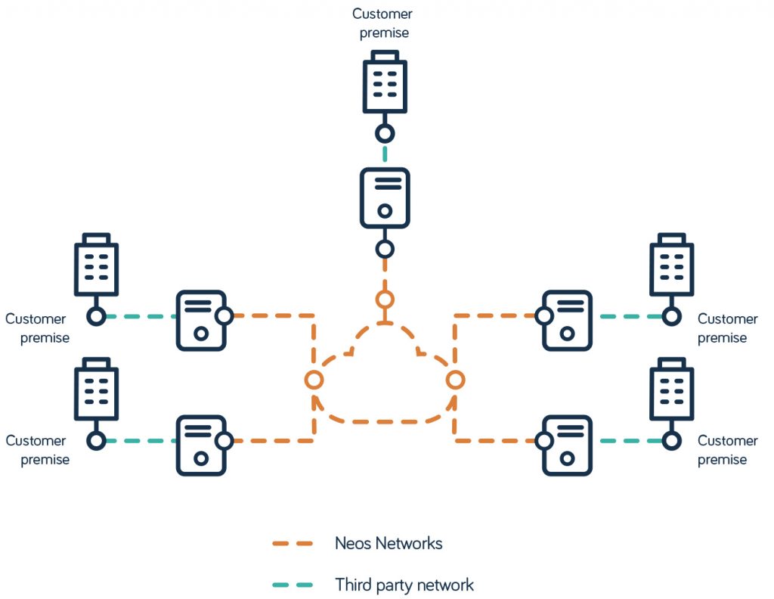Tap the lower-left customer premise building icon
[96, 390]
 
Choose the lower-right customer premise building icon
[671, 390]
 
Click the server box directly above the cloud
[385, 197]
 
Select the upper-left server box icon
[201, 320]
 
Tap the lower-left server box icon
[201, 445]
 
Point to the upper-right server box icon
[567, 320]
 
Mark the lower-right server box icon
[567, 445]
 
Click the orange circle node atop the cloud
[385, 299]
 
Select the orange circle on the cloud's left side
[314, 380]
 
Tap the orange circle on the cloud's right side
[454, 380]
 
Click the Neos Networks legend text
[389, 543]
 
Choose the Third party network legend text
[404, 585]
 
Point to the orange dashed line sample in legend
[293, 543]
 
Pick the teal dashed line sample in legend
[293, 585]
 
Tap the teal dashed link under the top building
[385, 154]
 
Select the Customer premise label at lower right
[727, 450]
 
